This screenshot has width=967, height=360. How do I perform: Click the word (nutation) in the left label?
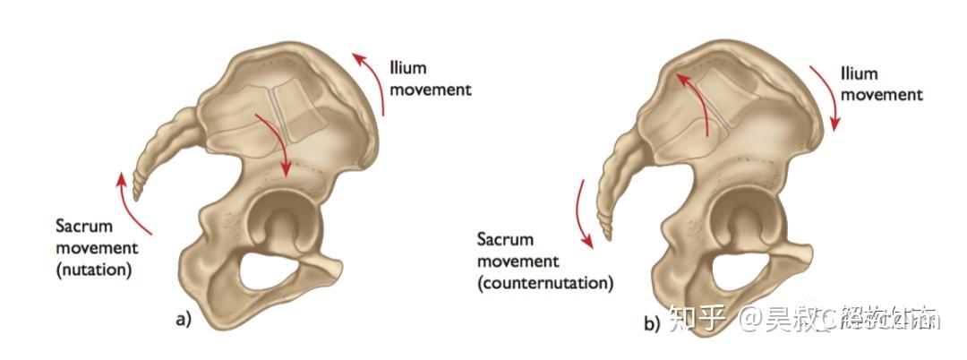(x=92, y=268)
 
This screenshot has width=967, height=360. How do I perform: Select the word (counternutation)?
(x=545, y=283)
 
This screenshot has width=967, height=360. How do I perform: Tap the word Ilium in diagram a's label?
(x=408, y=67)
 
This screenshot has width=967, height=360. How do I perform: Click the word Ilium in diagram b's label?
(x=860, y=73)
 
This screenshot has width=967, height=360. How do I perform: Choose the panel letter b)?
(x=653, y=321)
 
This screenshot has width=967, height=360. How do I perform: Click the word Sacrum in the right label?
(x=505, y=240)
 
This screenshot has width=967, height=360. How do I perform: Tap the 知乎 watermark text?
(x=698, y=318)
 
